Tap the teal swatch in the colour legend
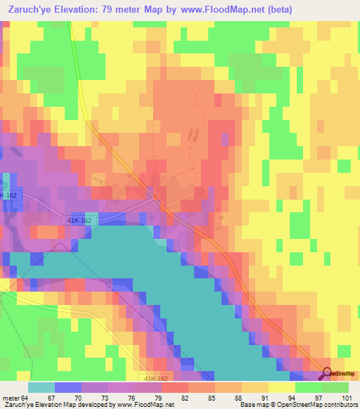41,387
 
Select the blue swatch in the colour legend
67,387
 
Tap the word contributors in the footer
340,404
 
